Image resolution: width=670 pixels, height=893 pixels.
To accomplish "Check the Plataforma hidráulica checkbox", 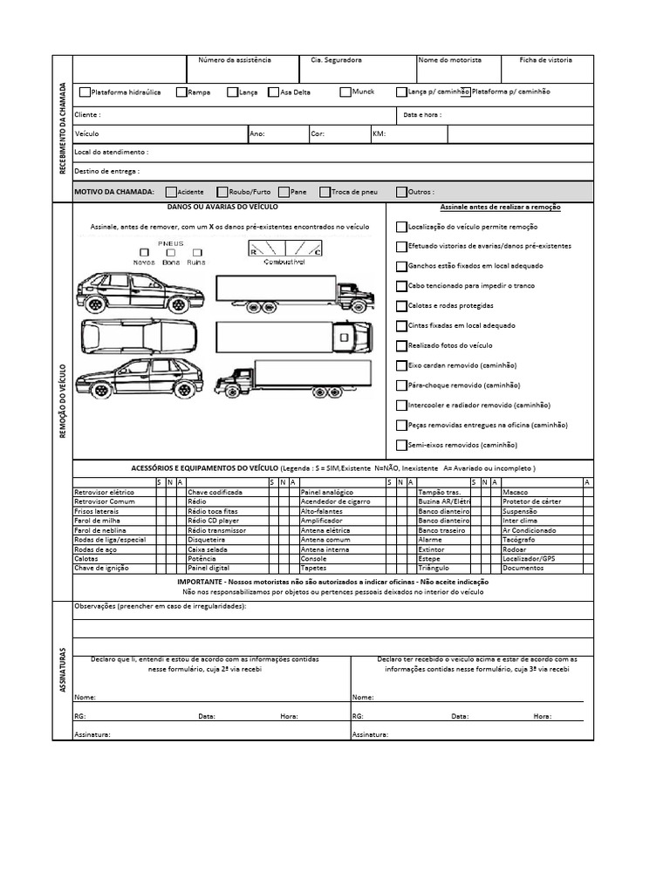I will (x=85, y=92).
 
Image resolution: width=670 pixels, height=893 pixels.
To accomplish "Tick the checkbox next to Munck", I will (x=345, y=92).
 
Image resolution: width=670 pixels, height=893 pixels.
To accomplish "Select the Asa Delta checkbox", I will (x=274, y=92).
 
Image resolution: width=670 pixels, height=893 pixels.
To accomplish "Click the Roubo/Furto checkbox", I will (x=222, y=192).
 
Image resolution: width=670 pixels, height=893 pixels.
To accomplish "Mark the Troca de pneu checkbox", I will (x=325, y=192).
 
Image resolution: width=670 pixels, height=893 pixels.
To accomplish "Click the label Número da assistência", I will (x=235, y=60).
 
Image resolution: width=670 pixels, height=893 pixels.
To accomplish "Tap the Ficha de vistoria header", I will (x=545, y=60).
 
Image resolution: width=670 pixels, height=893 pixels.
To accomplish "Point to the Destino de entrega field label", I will (x=107, y=172).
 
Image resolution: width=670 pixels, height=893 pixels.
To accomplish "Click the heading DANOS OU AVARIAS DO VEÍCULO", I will (x=222, y=208).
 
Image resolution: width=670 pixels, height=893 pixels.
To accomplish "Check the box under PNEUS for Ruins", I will (x=195, y=252).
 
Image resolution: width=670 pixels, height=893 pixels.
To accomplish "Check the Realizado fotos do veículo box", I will (x=401, y=345).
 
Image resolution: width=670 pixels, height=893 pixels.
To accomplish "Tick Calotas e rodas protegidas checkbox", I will (x=401, y=306).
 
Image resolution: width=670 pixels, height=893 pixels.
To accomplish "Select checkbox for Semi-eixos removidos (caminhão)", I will (x=401, y=445).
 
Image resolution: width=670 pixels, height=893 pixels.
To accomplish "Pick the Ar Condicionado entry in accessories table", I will (x=529, y=530).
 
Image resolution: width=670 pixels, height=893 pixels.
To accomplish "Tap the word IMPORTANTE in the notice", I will (x=202, y=582).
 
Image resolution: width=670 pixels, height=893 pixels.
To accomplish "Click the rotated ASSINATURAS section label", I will (x=62, y=670).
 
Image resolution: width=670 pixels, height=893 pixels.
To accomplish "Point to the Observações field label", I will (x=160, y=606).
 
